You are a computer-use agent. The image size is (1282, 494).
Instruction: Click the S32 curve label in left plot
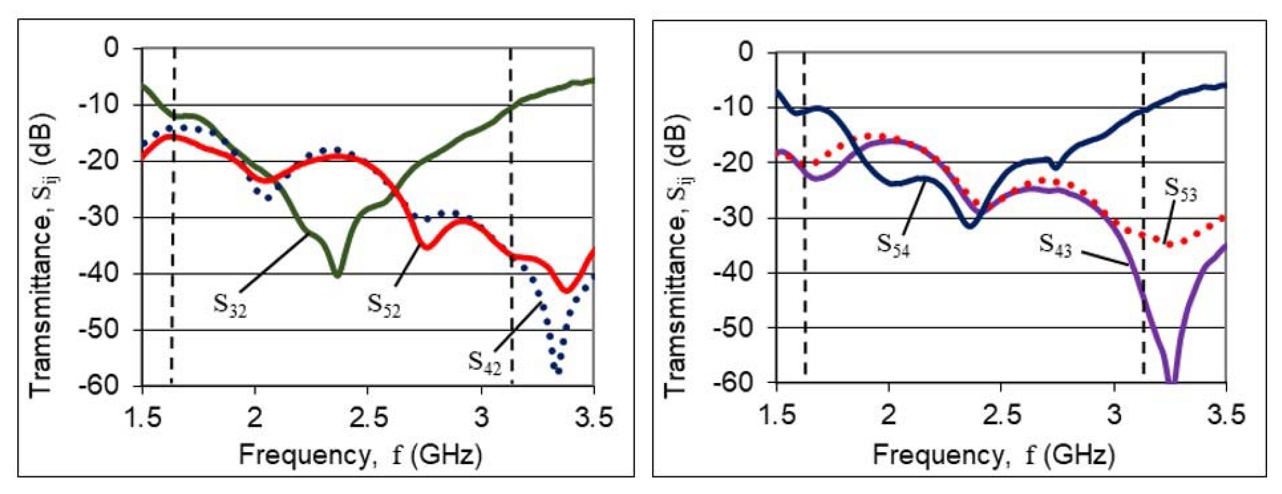[x=230, y=305]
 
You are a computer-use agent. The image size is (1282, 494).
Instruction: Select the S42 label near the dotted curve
[x=484, y=362]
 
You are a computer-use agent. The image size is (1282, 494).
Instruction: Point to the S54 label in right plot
[x=893, y=245]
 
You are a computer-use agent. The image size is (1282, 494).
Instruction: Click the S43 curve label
[x=1055, y=245]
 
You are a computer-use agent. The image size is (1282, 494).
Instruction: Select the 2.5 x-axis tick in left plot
[x=368, y=417]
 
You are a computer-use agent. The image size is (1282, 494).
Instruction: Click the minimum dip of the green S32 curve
[x=338, y=275]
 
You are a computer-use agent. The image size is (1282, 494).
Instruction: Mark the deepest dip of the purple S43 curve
[x=1172, y=381]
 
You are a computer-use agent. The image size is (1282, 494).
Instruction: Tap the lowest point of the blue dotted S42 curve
[x=559, y=370]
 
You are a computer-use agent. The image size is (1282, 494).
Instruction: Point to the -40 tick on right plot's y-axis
[x=733, y=273]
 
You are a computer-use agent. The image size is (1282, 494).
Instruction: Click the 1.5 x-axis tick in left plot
[x=142, y=417]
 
